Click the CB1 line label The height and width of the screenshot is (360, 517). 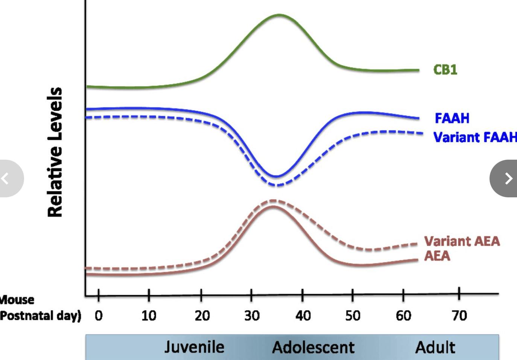point(445,70)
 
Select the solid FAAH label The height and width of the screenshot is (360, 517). point(452,118)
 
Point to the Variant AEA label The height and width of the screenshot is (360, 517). point(462,241)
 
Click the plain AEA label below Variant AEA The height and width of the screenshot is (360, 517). point(437,256)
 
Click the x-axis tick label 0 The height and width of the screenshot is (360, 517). point(99,316)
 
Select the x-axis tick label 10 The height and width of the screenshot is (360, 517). point(149,316)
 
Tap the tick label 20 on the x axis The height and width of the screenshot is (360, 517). point(202,316)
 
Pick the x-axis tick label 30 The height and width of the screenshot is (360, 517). point(252,316)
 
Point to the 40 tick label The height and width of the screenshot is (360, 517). point(303,316)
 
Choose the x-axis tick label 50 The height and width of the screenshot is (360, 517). point(353,316)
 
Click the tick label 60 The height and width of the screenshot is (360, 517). point(403,316)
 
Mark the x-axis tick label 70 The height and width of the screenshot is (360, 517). point(459,316)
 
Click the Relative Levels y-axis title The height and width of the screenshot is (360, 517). point(55,152)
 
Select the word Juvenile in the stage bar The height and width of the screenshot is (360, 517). point(194,347)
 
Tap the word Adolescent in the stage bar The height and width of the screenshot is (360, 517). point(313,347)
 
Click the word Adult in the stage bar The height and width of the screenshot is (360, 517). point(435,347)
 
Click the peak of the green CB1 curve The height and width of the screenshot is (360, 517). point(279,15)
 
